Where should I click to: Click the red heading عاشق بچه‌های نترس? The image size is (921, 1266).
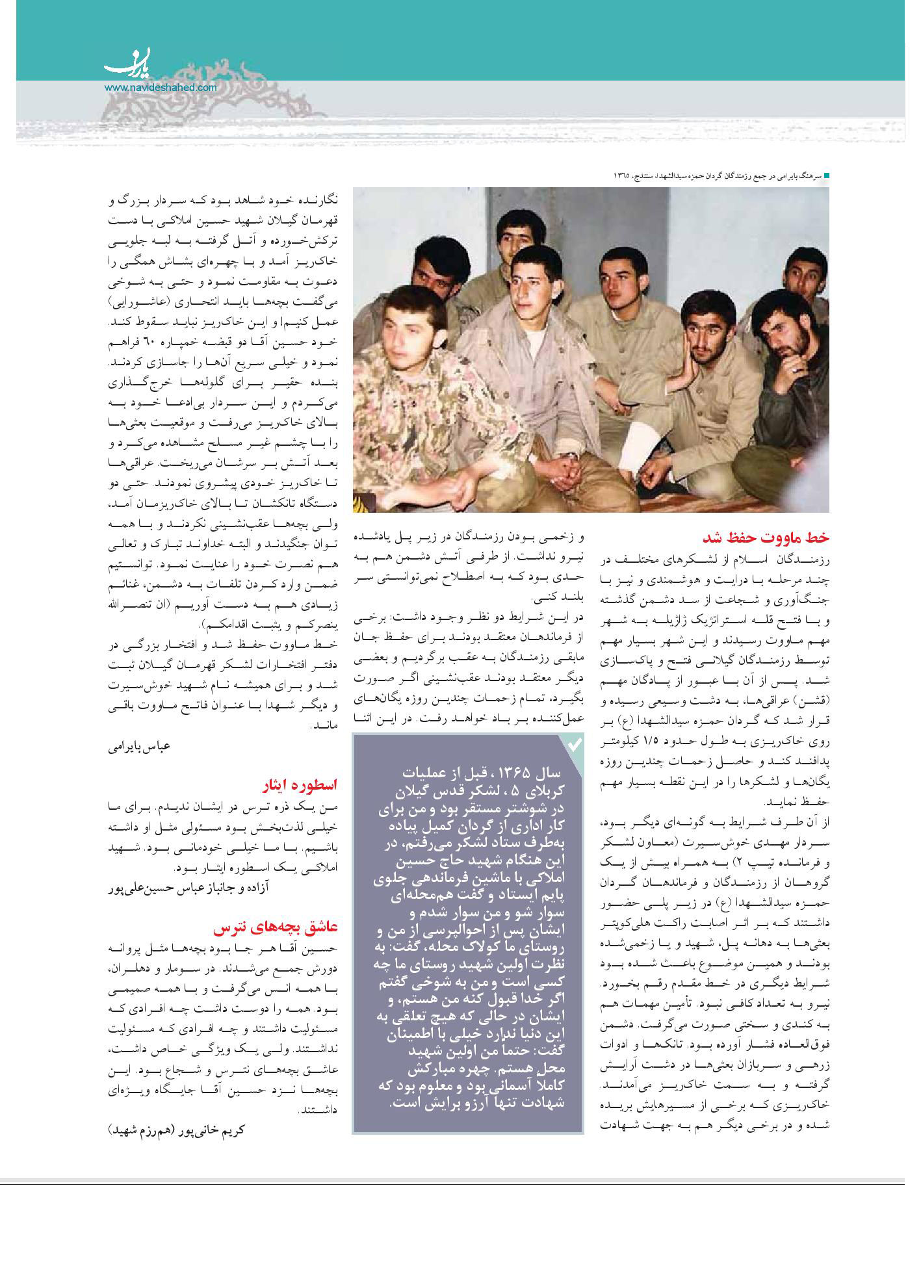(276, 926)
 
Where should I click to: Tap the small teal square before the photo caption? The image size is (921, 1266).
(827, 176)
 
